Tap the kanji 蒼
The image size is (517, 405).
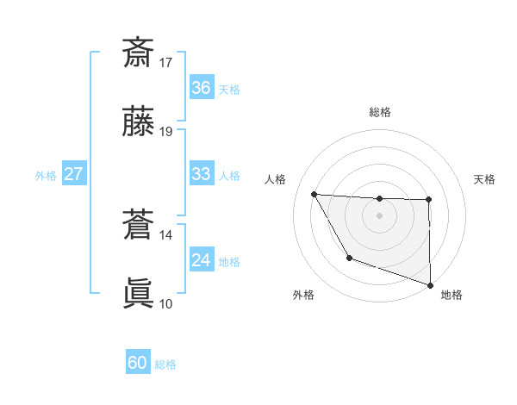click(139, 226)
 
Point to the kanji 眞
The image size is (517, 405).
click(139, 294)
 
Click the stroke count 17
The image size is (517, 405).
click(166, 62)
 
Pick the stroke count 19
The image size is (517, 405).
click(166, 132)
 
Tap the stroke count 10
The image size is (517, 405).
click(166, 303)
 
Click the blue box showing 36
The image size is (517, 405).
click(201, 88)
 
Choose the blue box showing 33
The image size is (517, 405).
click(201, 174)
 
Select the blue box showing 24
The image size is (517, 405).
click(201, 260)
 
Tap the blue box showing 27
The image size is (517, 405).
click(73, 174)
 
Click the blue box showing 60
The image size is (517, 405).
click(138, 363)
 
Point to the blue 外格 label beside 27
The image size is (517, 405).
click(46, 176)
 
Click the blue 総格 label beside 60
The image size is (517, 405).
click(166, 364)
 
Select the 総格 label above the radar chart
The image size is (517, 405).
click(380, 112)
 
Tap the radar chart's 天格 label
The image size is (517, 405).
click(485, 179)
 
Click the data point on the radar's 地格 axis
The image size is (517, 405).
click(430, 284)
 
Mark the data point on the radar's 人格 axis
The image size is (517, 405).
click(315, 194)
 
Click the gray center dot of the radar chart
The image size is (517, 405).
click(380, 215)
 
